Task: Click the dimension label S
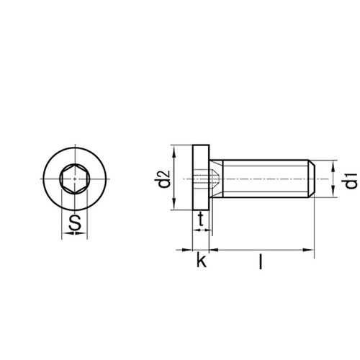(x=73, y=225)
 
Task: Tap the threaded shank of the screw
(x=263, y=178)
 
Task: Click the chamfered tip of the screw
(x=311, y=178)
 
